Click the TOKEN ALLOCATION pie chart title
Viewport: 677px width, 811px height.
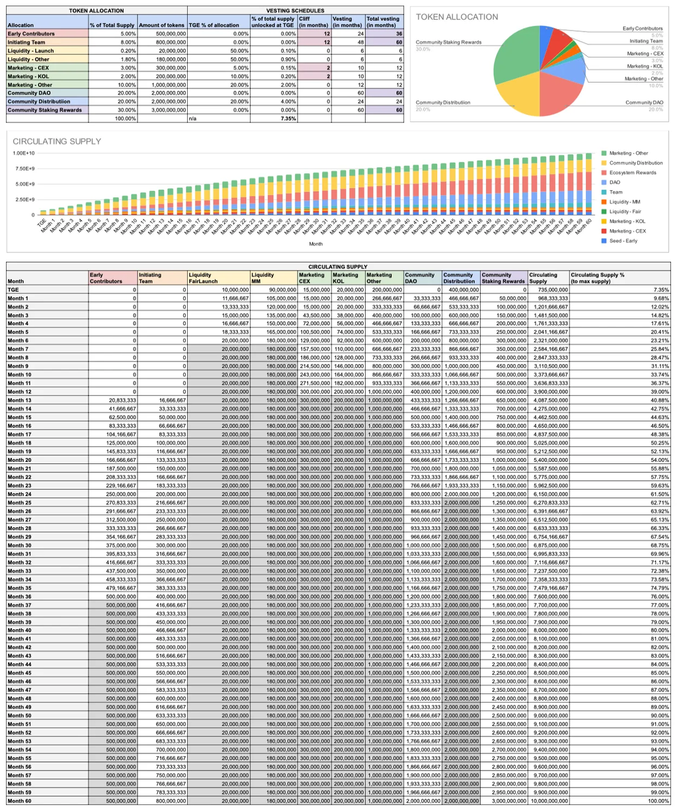457,17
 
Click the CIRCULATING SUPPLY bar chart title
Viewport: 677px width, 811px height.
57,141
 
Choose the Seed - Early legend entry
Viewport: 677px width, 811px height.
625,241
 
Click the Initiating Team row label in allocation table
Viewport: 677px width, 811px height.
26,42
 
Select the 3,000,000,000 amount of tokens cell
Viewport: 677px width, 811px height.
163,110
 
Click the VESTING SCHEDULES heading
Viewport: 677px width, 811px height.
295,11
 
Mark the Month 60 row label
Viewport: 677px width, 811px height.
19,801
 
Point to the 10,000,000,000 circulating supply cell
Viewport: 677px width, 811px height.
548,801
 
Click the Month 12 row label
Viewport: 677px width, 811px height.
19,392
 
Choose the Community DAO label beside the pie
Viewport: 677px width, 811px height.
645,102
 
